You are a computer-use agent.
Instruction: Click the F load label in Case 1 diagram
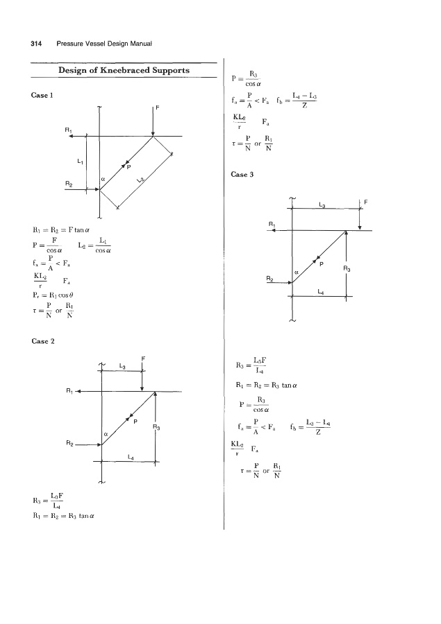point(158,108)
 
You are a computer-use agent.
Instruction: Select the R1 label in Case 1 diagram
point(67,130)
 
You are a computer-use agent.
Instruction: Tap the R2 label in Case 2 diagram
point(68,442)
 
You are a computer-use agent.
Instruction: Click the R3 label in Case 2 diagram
point(158,428)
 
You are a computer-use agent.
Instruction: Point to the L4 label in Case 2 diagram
point(130,456)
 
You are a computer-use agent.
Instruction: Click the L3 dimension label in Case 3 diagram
point(322,205)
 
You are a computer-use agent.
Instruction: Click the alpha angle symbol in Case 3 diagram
point(297,273)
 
